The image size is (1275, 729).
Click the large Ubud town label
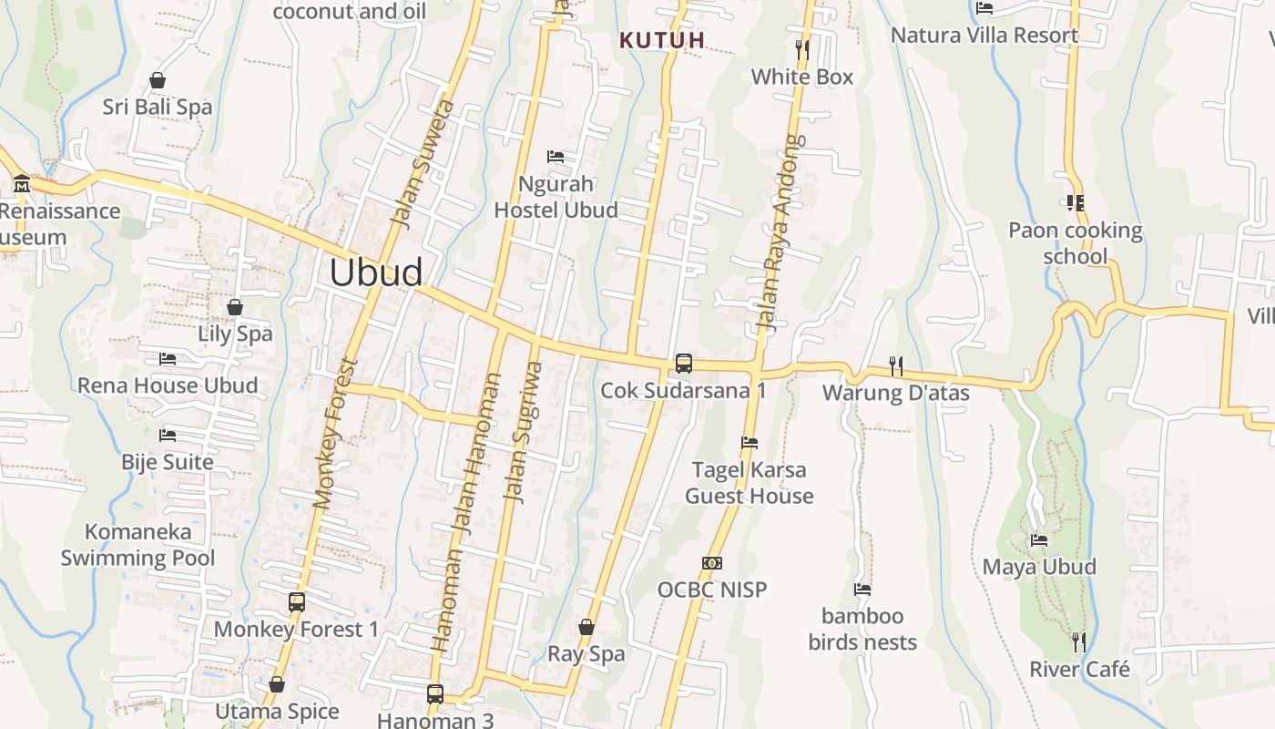(x=375, y=272)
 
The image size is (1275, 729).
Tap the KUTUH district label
(x=662, y=40)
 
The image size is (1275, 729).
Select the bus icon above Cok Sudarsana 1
(x=683, y=364)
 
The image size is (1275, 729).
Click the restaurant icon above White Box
(x=801, y=49)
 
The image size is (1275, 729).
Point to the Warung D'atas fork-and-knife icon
(x=896, y=366)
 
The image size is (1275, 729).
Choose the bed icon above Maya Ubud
(x=1038, y=539)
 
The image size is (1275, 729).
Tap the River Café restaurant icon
(x=1079, y=642)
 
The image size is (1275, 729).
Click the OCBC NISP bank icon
(x=712, y=563)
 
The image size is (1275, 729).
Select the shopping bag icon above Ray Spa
(x=586, y=627)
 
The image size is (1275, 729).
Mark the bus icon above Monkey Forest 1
(x=296, y=601)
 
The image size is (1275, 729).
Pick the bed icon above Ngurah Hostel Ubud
(x=555, y=157)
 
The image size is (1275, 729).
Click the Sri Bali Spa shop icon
(x=158, y=80)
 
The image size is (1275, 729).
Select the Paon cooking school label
(x=1075, y=242)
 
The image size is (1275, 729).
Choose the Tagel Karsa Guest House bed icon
(x=749, y=443)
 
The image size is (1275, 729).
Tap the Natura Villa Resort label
(x=984, y=36)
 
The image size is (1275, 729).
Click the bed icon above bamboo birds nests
(x=862, y=589)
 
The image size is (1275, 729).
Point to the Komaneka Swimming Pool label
(x=138, y=545)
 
